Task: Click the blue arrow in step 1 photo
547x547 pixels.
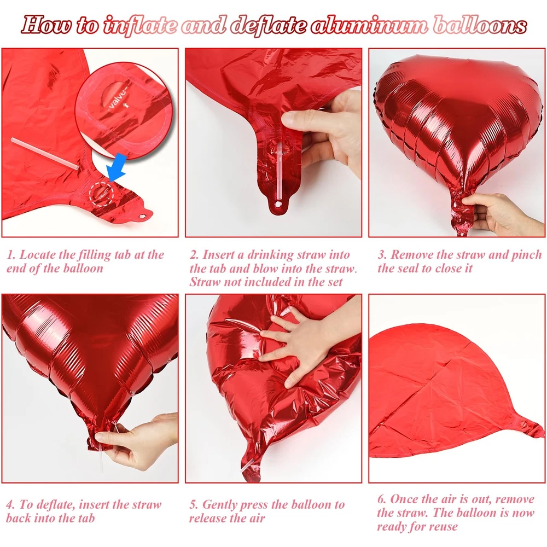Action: coord(116,167)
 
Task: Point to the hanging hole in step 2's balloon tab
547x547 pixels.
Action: coord(278,203)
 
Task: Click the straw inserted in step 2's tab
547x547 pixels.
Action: coord(279,171)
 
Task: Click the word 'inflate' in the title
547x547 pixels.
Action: coord(140,25)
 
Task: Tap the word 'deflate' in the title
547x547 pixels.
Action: coord(269,25)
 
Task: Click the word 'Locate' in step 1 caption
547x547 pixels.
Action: coord(37,255)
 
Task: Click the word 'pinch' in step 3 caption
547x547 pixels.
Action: coord(526,255)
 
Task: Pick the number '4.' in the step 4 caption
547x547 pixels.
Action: coord(10,505)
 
